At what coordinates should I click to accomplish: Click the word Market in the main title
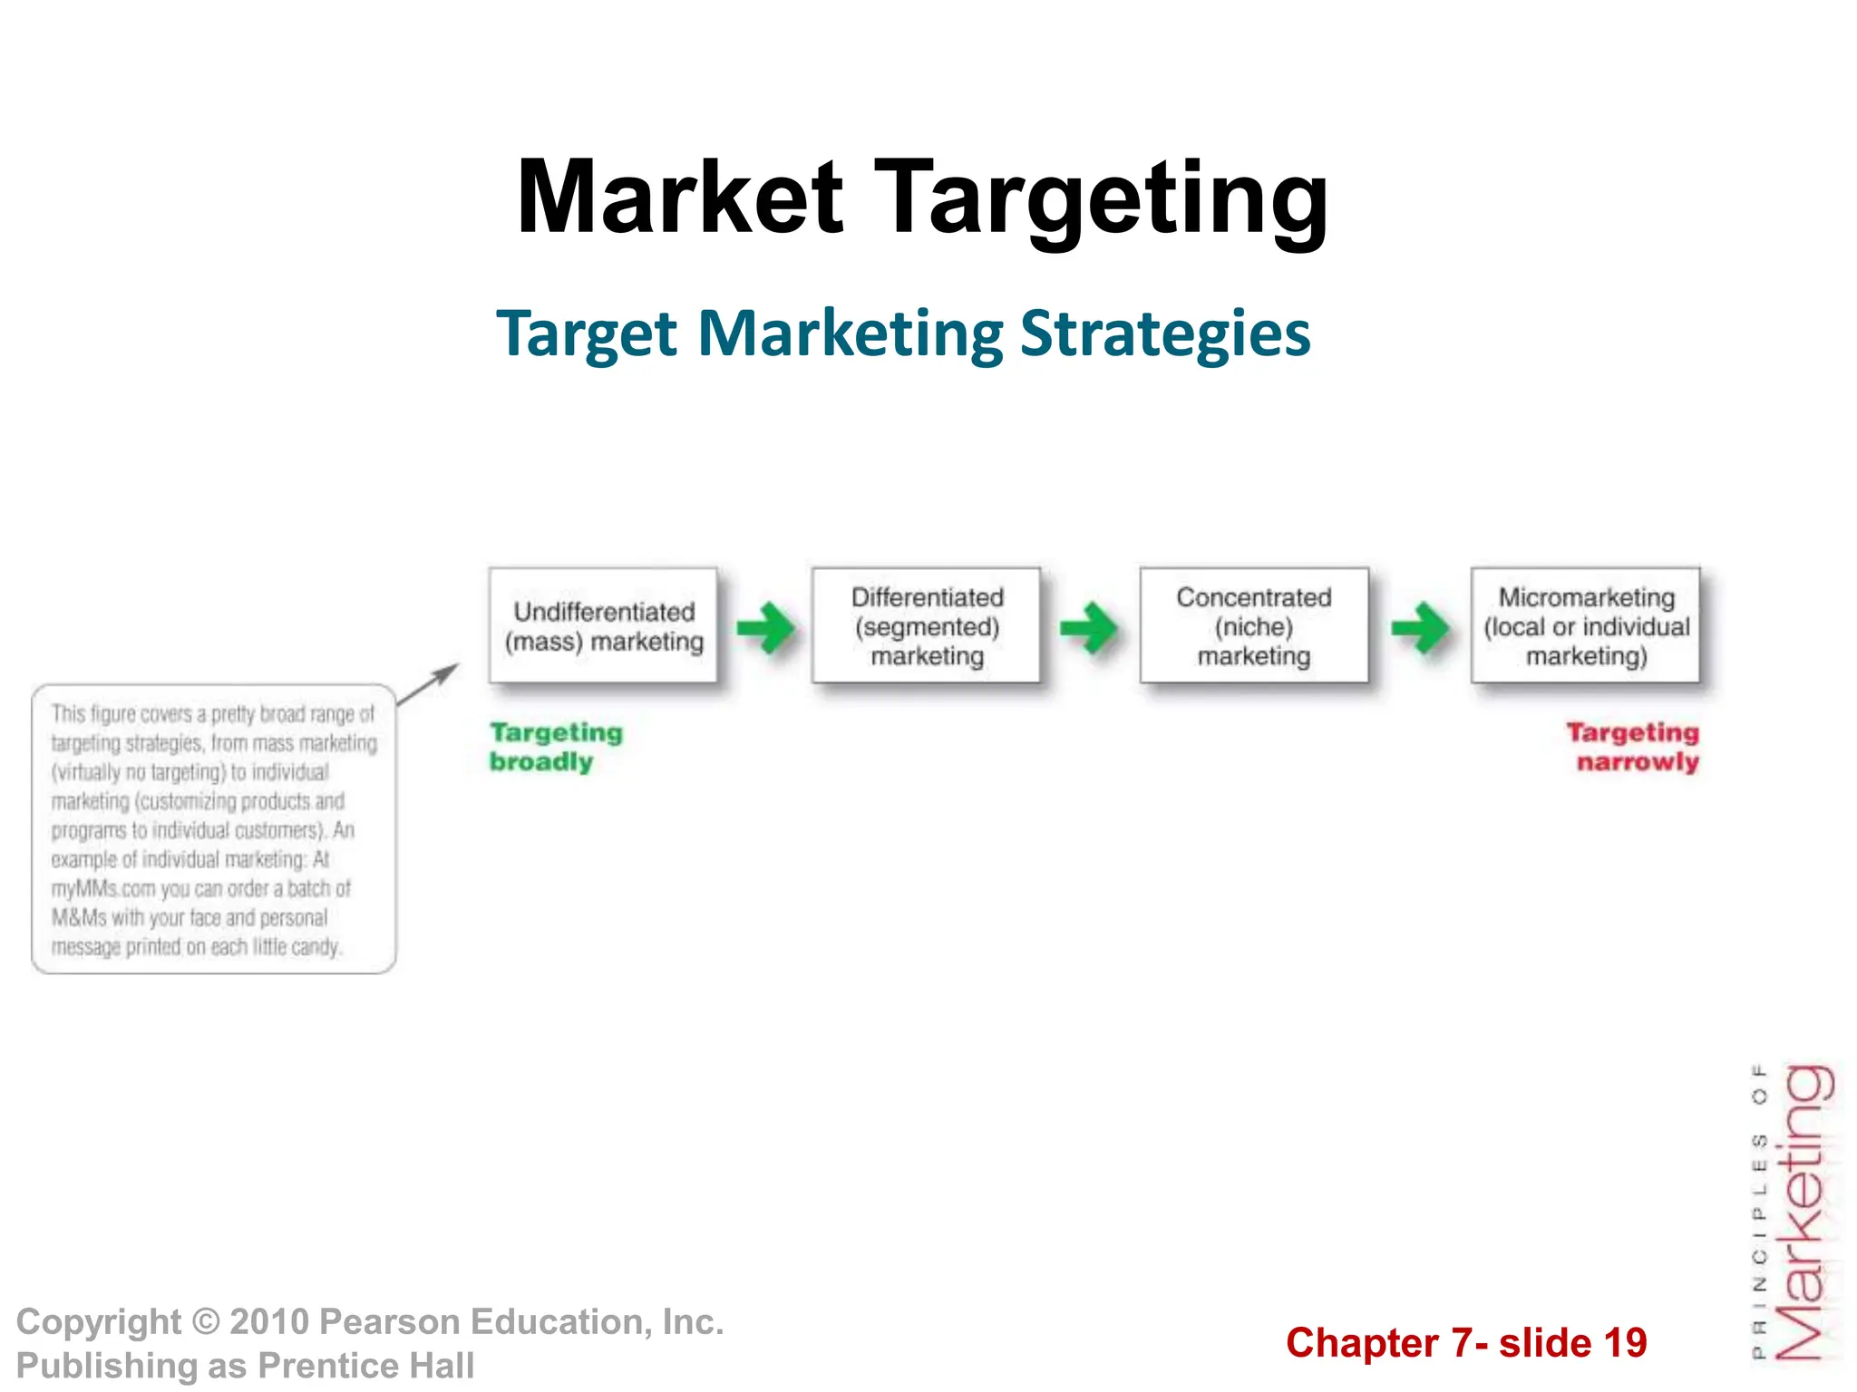[680, 198]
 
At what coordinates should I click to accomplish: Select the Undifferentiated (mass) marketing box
[603, 626]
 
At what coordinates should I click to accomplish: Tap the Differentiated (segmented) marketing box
[927, 626]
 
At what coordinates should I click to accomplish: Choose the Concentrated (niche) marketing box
[1254, 626]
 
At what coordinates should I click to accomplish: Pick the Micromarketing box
[1586, 626]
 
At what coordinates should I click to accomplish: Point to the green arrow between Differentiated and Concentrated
[1089, 627]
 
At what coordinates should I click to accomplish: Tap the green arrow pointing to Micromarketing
[1420, 627]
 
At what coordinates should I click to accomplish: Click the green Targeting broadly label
[555, 747]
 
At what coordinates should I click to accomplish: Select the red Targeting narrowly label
[1634, 747]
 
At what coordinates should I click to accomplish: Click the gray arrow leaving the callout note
[429, 683]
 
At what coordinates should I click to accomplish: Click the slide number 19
[1625, 1343]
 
